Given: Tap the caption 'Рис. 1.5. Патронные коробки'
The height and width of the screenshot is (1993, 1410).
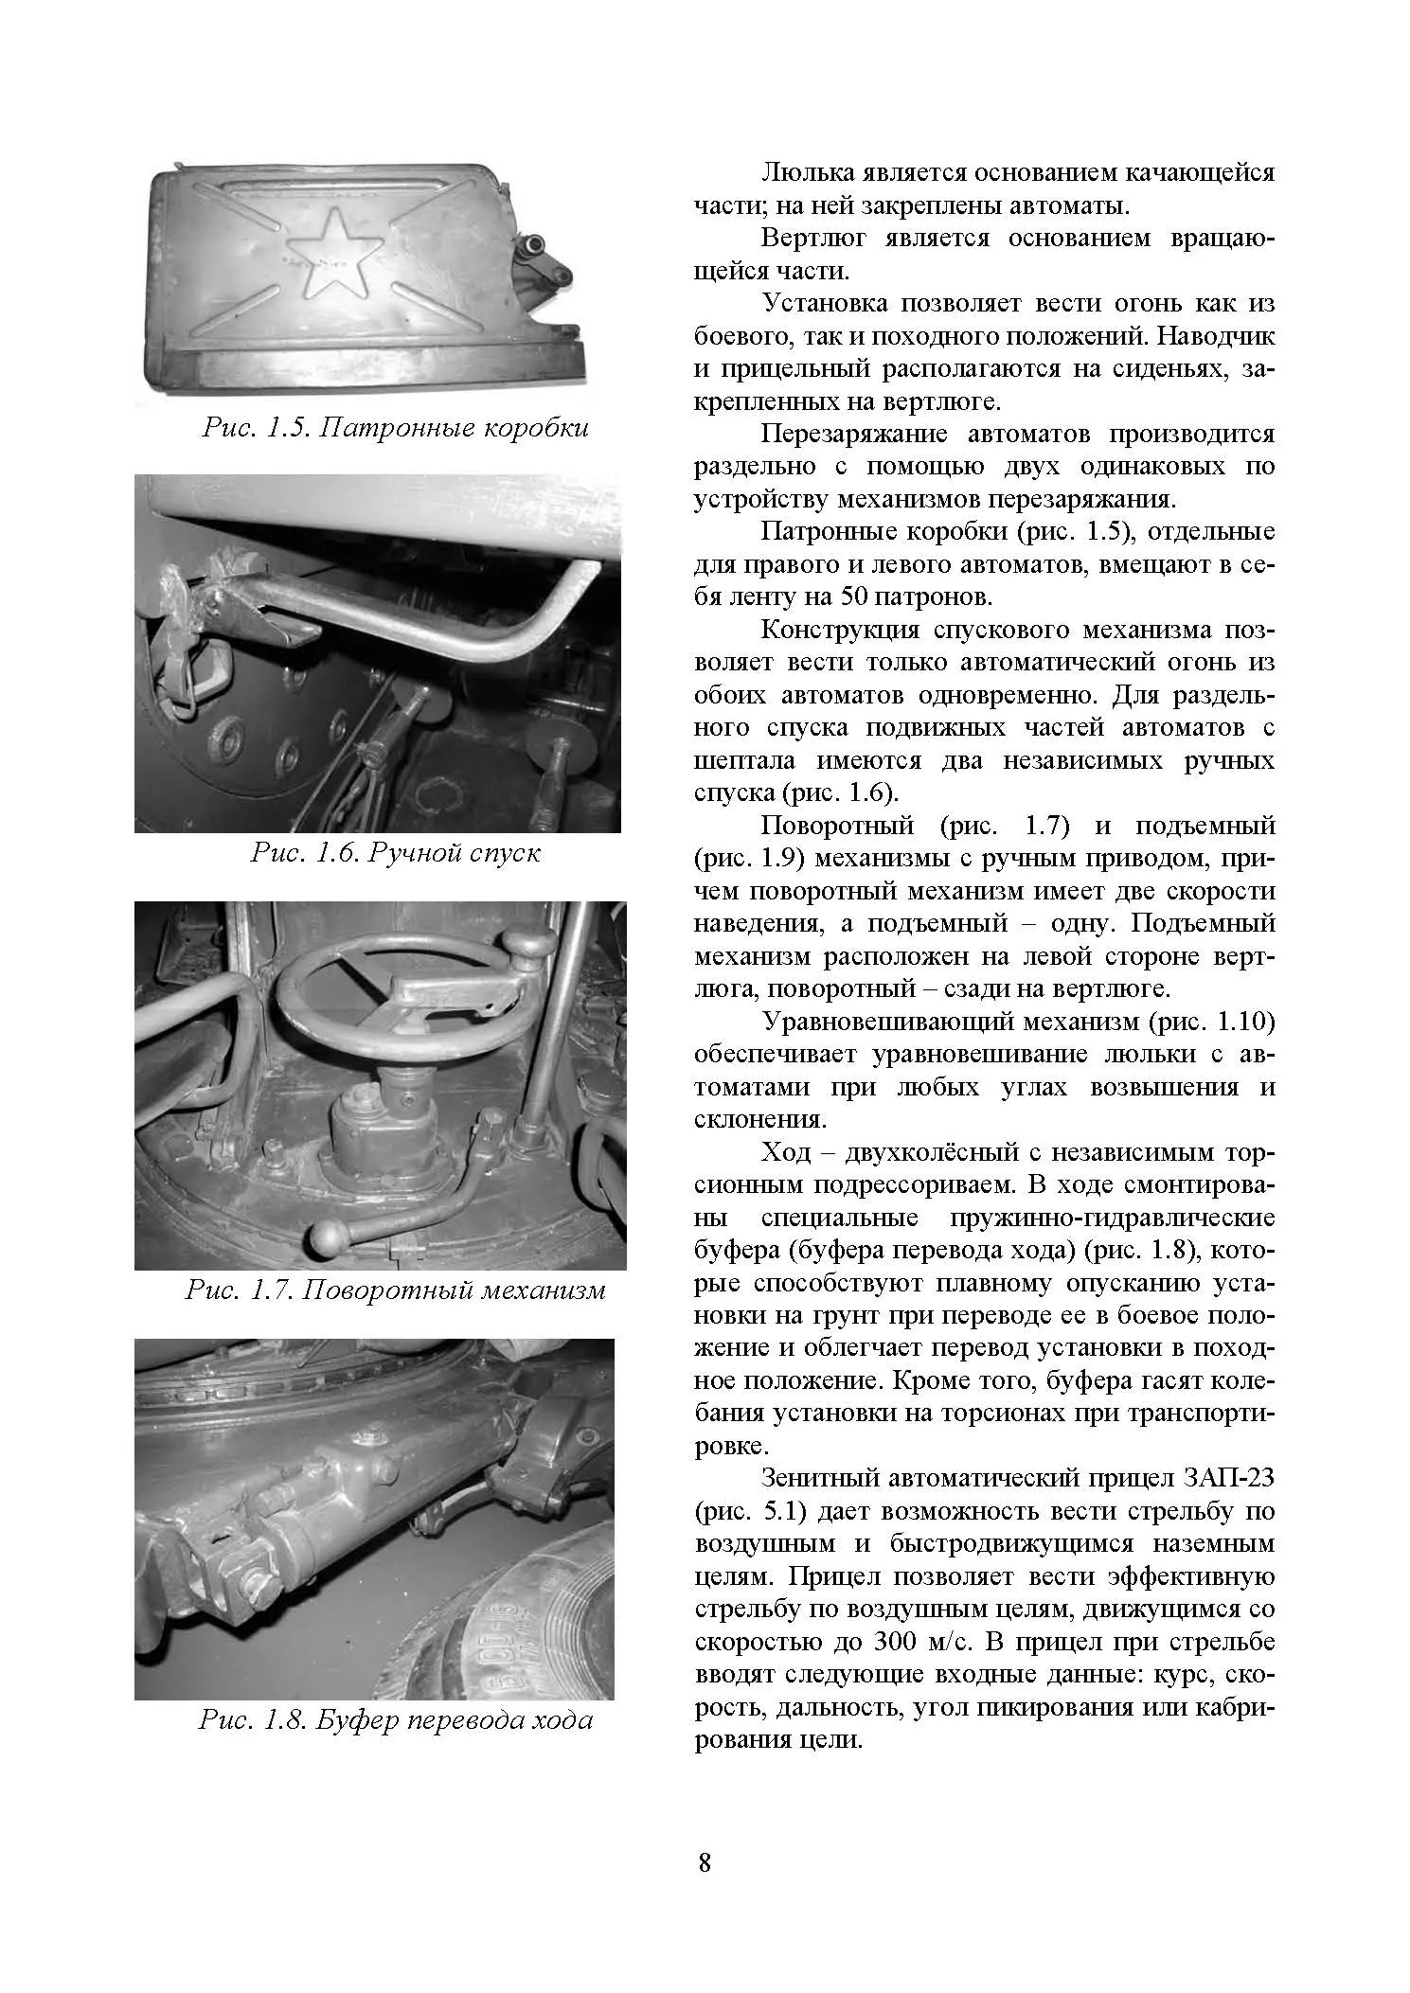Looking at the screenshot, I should pos(395,428).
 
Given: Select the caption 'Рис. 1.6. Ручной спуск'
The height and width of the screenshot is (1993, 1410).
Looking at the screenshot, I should pos(395,853).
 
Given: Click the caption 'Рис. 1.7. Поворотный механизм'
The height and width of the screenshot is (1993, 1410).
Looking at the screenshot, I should pos(395,1290).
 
